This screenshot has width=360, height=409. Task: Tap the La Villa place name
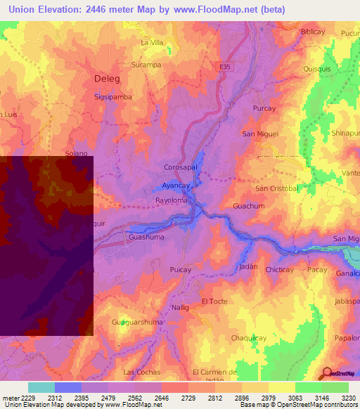pos(152,43)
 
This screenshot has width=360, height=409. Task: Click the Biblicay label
pos(314,32)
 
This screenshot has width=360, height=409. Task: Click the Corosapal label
pos(179,168)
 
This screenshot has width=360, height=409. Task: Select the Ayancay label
pos(175,186)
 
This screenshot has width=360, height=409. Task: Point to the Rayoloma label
pos(172,200)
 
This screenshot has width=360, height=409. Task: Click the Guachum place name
pos(248,206)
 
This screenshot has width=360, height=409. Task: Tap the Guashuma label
pos(146,238)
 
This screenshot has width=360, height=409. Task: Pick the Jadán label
pos(247,268)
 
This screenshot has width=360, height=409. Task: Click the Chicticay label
pos(280,269)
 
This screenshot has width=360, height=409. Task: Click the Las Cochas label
pos(142,372)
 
